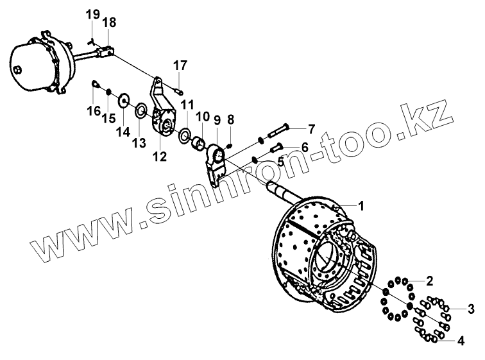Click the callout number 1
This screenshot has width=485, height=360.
tap(361, 206)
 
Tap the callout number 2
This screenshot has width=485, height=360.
tap(430, 280)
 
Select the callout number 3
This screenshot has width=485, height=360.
tap(471, 310)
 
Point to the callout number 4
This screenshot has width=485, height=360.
tap(460, 340)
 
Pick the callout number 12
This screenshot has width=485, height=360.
tap(158, 156)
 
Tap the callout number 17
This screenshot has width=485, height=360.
tap(180, 65)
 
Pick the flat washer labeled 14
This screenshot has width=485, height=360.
tap(123, 99)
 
